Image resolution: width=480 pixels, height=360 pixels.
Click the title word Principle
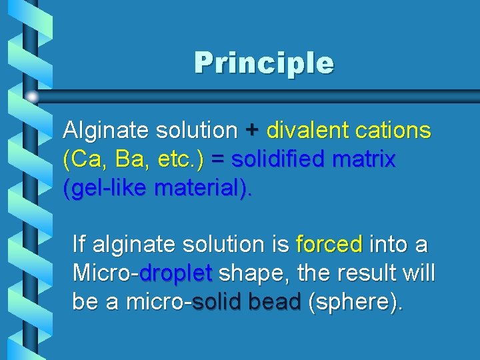(264, 63)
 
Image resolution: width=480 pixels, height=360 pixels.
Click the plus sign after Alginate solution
(251, 131)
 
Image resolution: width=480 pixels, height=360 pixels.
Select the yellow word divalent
(307, 131)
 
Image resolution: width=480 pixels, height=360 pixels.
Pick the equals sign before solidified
(218, 160)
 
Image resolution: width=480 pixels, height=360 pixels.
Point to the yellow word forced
(329, 245)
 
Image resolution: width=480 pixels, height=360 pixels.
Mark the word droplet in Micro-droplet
(176, 273)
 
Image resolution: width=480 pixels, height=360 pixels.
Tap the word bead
(274, 302)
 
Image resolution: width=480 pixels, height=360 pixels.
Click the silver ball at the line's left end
(33, 97)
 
